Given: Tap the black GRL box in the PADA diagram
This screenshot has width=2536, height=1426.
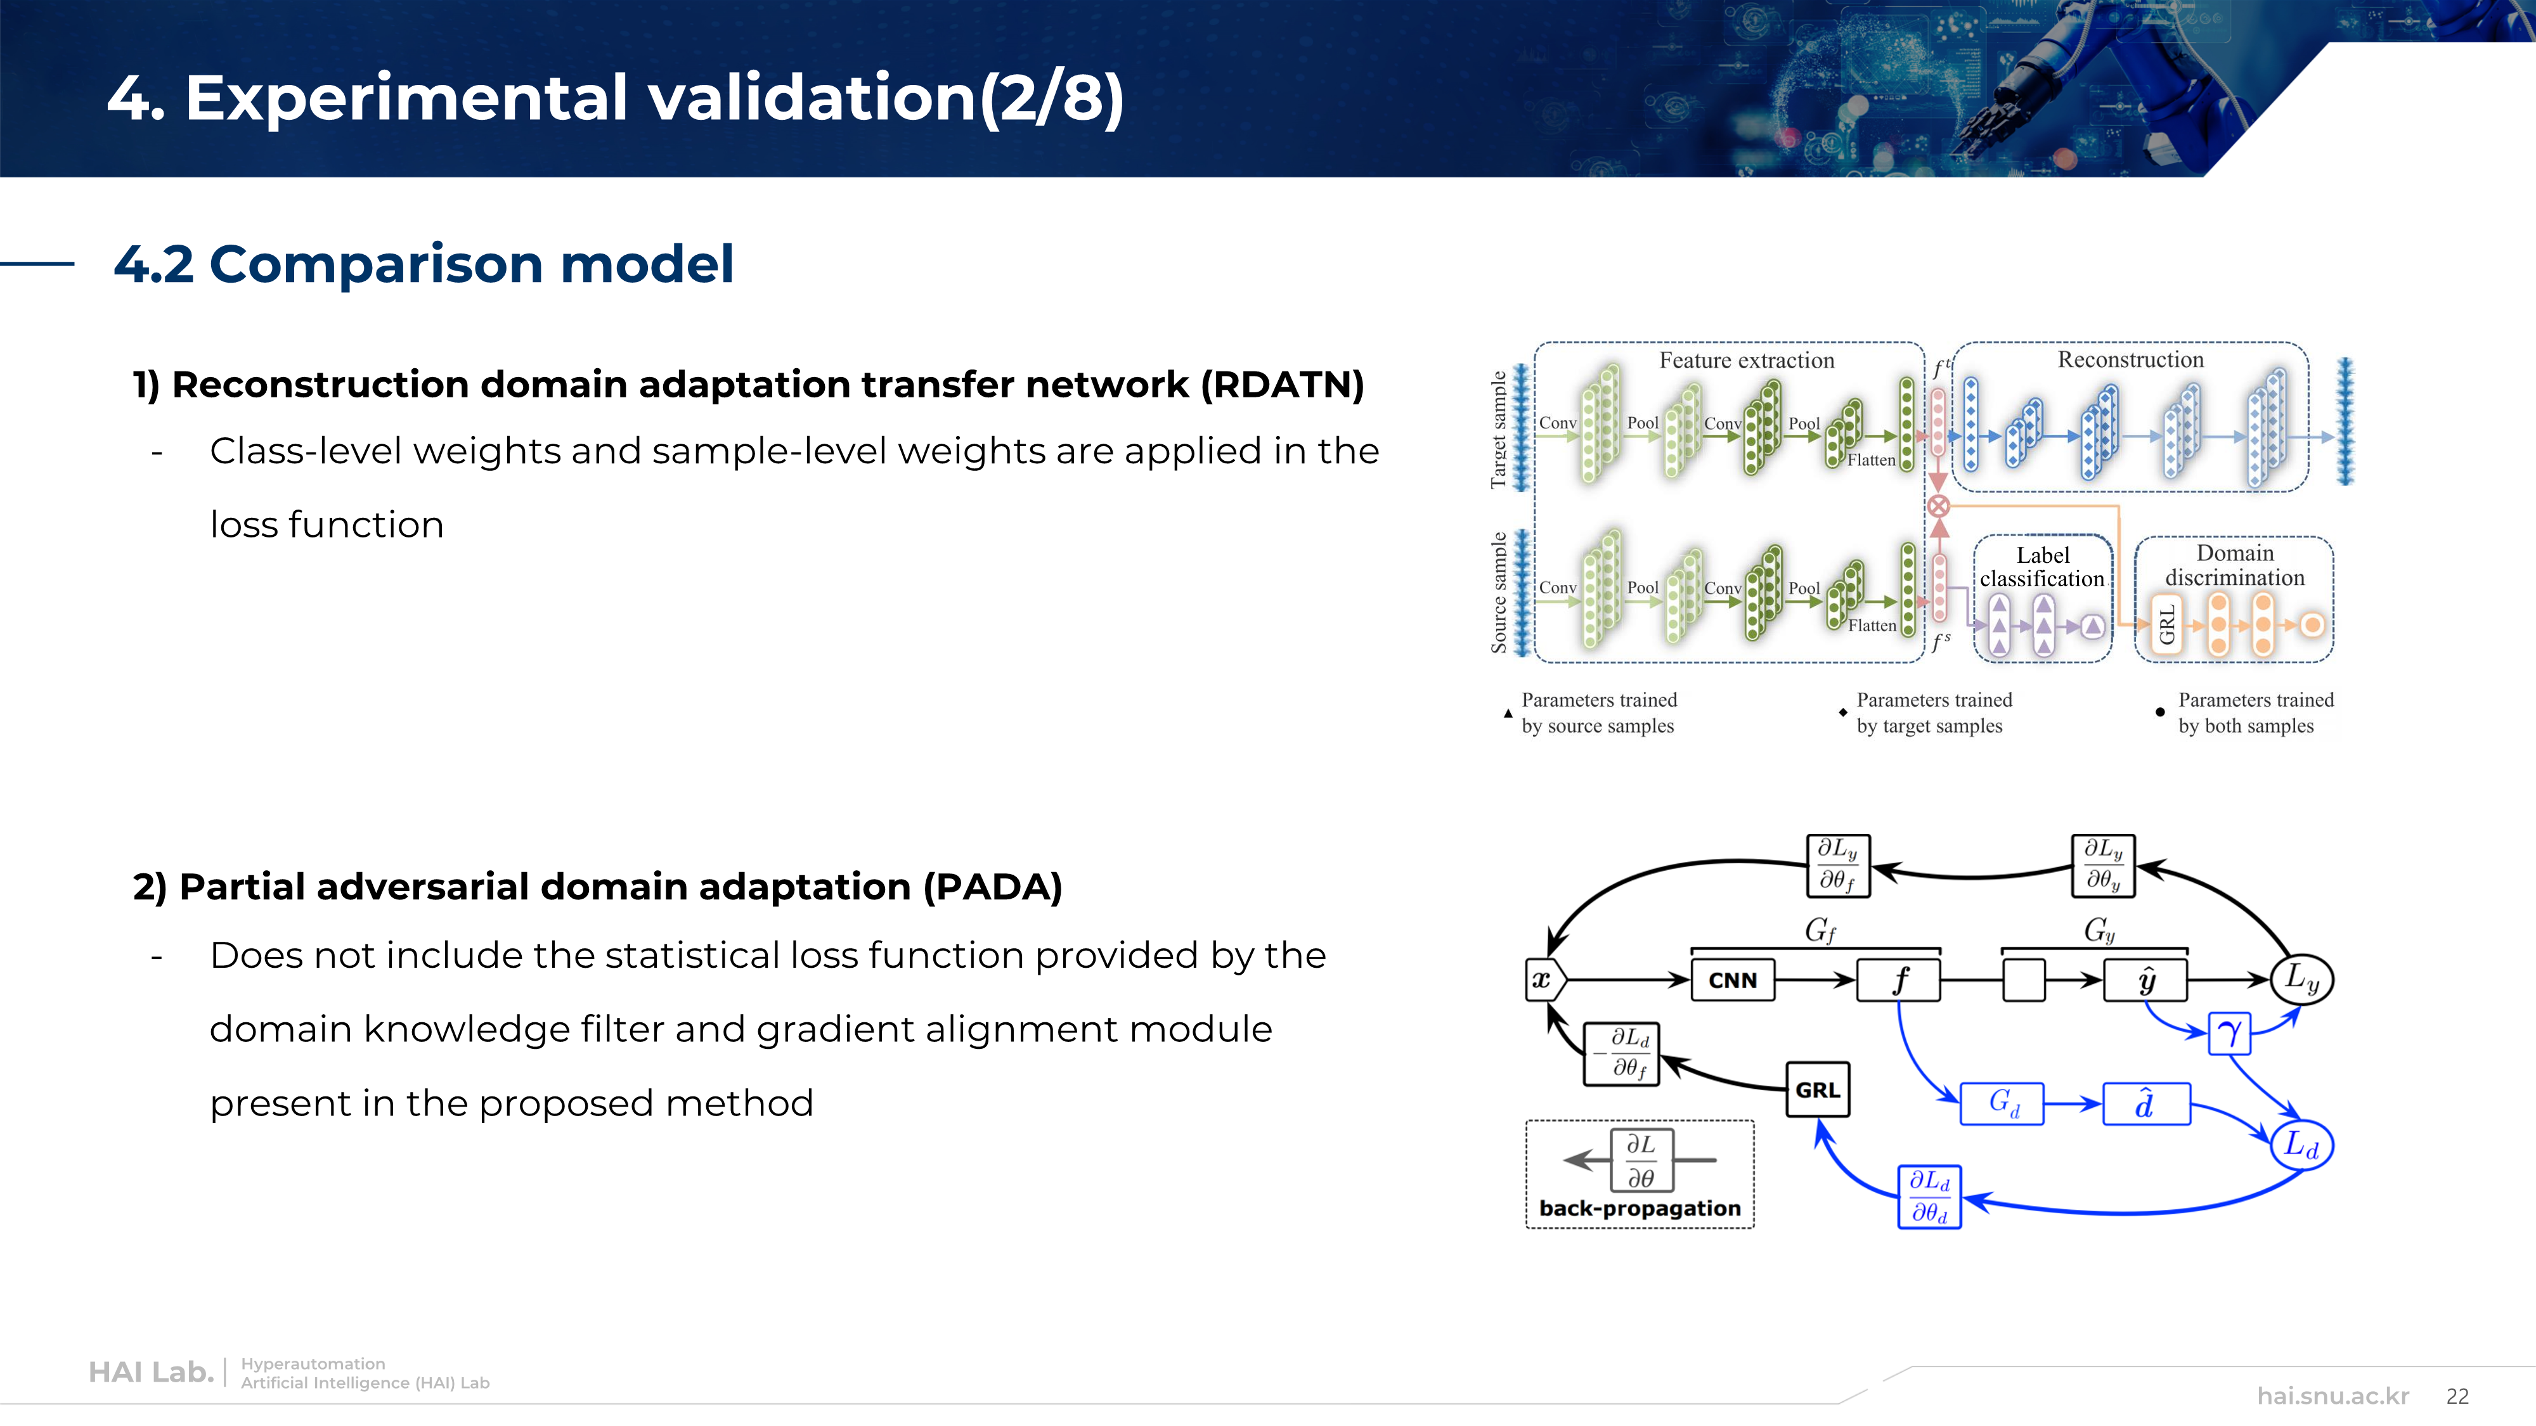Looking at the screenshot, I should pos(1817,1089).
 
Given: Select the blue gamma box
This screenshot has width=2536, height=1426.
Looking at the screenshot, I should pos(2229,1033).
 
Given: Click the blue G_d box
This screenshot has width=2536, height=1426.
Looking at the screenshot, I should pos(2002,1103).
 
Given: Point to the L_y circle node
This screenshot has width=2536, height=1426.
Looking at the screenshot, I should pos(2301,979).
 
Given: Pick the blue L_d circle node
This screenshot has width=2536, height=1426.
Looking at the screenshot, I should pos(2301,1145).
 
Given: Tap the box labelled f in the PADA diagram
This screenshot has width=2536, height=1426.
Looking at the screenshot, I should pos(1898,980).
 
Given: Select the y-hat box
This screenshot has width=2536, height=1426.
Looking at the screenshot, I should pos(2146,980).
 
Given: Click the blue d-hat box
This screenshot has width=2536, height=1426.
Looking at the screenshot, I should pos(2146,1104).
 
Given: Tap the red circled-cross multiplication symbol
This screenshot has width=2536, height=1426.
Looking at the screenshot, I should pos(1938,506).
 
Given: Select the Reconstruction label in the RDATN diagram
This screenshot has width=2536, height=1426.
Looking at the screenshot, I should pos(2130,359).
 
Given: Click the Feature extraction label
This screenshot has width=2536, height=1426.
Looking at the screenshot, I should pos(1747,360).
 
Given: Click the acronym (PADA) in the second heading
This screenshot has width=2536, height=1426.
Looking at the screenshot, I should pos(992,887).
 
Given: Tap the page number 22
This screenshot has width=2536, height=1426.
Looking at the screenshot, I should pos(2457,1396).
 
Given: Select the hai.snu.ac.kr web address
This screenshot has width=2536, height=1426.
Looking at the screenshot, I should pos(2332,1396).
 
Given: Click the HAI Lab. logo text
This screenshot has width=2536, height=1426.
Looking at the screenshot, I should pos(151,1372).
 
